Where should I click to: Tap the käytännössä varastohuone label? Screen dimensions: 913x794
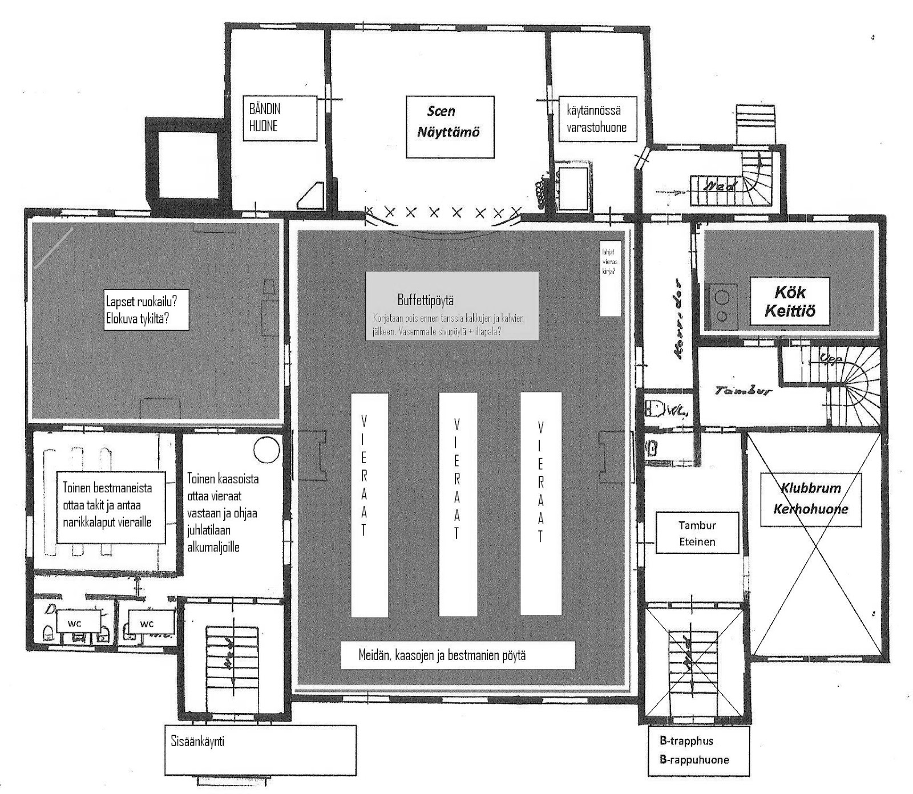pyautogui.click(x=596, y=119)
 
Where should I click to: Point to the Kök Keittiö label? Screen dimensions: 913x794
pyautogui.click(x=790, y=301)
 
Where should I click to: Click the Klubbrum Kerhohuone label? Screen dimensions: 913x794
pyautogui.click(x=810, y=499)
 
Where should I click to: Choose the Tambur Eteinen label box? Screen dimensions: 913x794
pyautogui.click(x=697, y=533)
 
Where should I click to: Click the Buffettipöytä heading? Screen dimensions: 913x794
pyautogui.click(x=426, y=300)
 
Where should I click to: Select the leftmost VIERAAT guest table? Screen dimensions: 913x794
pyautogui.click(x=370, y=505)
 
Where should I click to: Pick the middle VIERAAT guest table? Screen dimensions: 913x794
pyautogui.click(x=458, y=505)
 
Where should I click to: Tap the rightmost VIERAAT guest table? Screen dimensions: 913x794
pyautogui.click(x=540, y=505)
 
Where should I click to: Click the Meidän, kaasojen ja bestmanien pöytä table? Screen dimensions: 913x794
pyautogui.click(x=458, y=655)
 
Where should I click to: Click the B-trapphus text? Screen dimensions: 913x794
pyautogui.click(x=686, y=741)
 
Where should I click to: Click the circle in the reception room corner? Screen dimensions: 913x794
pyautogui.click(x=266, y=449)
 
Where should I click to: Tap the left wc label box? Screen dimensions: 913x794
pyautogui.click(x=75, y=623)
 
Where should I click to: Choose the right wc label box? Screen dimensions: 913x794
pyautogui.click(x=147, y=623)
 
